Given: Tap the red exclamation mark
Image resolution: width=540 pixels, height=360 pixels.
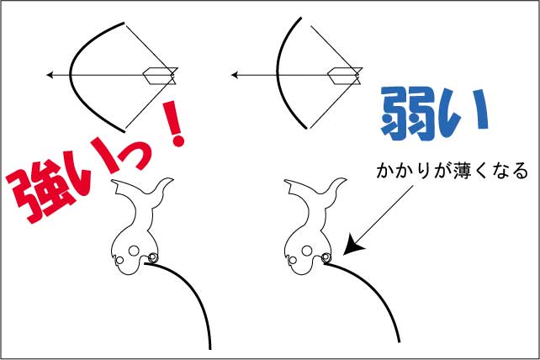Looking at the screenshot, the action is point(176,124).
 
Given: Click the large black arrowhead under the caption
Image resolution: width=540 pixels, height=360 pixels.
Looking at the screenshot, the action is point(354,245).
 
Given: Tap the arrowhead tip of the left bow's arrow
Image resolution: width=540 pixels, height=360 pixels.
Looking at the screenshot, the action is point(48,75).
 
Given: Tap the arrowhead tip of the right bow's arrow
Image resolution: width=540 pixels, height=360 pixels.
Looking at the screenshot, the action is point(232,75).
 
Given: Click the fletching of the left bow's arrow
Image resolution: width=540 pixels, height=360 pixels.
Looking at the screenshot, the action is point(160,76).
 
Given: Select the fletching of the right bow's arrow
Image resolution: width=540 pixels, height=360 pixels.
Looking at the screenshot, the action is point(345,76).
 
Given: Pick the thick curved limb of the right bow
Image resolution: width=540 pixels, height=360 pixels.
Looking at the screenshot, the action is point(278,72).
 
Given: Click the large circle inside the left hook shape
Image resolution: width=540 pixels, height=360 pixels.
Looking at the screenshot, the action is point(134,251).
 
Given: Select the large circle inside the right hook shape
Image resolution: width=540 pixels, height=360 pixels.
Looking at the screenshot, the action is point(307,251).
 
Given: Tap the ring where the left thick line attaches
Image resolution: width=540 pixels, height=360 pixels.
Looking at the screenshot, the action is point(152,257).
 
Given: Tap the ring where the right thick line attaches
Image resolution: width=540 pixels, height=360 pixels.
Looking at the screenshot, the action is point(326,257).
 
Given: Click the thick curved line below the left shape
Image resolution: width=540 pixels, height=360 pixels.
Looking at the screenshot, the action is point(193,290).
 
